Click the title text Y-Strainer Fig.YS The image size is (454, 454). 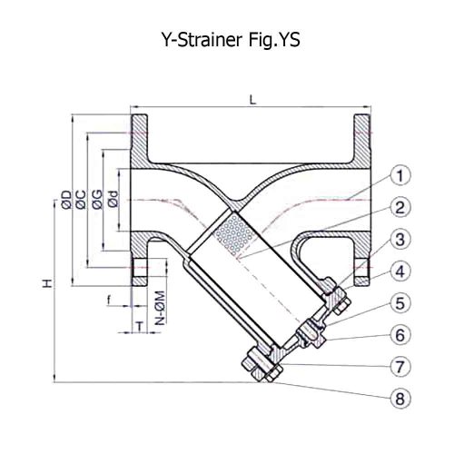tap(226, 40)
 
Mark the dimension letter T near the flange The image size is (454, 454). tap(137, 324)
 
